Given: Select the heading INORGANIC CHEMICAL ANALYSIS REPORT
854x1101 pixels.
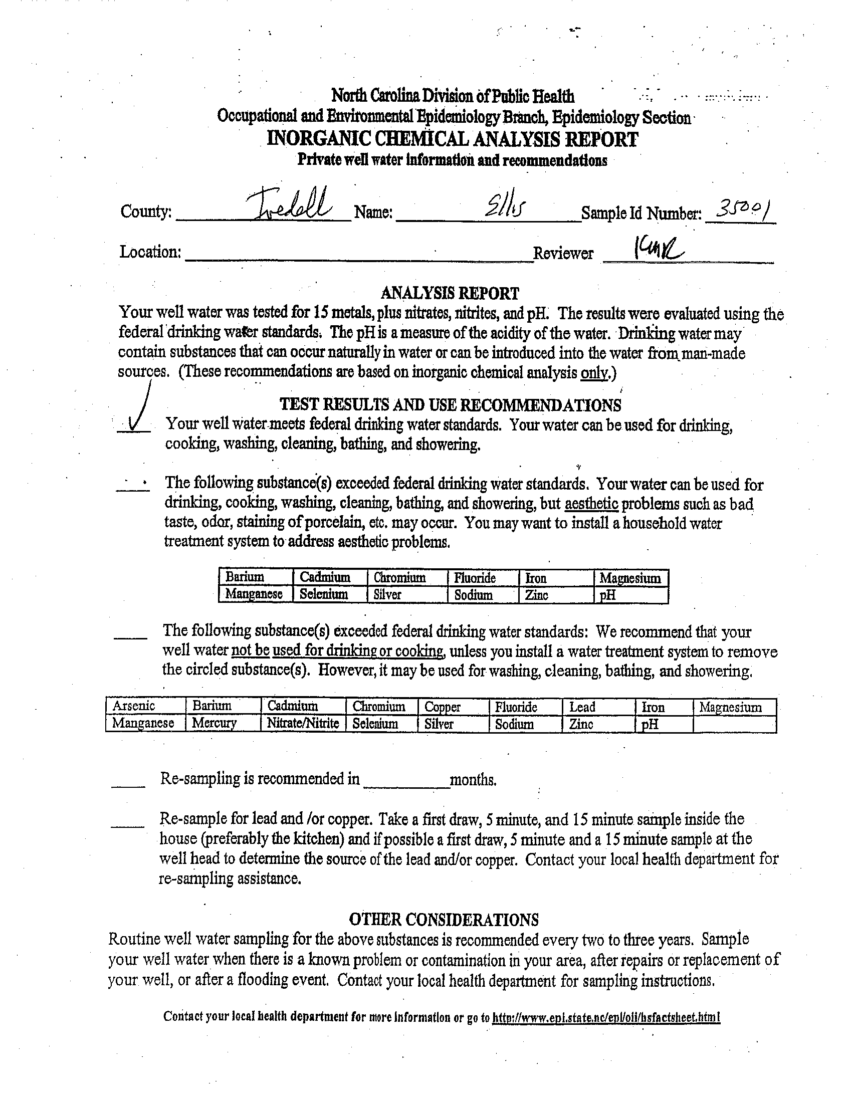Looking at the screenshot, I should (452, 139).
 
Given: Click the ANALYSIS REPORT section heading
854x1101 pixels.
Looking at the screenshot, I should (450, 293).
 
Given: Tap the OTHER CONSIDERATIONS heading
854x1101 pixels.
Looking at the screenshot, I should (444, 920).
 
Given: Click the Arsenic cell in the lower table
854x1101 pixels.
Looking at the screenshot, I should (134, 706).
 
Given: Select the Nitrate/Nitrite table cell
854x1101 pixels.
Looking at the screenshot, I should (303, 724).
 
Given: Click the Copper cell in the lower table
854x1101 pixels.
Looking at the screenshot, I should (442, 707).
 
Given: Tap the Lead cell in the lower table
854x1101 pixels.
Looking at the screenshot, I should (582, 707).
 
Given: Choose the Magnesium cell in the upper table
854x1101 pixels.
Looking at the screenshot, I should (629, 578).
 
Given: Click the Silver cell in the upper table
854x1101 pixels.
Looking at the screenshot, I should (387, 594).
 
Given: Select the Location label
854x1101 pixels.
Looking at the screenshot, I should (150, 251).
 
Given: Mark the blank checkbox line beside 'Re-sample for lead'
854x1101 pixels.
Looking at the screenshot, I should (127, 825).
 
